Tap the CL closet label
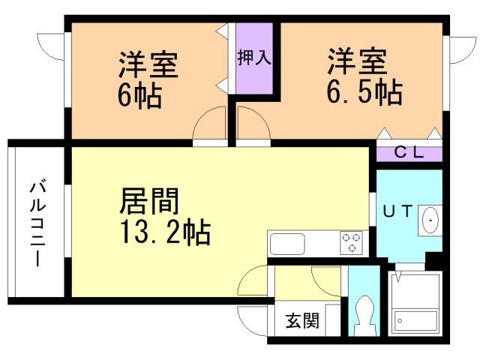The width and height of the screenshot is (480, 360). [x=409, y=152]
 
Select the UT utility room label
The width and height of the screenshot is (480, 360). [x=398, y=212]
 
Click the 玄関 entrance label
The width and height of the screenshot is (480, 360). [x=302, y=321]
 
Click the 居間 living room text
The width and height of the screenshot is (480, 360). [x=149, y=202]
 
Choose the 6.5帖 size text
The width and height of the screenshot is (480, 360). [x=364, y=93]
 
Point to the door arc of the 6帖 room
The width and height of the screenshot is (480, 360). [x=210, y=124]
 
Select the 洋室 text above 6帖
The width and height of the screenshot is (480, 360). [x=148, y=65]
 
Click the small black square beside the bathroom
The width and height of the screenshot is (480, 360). [x=433, y=260]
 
